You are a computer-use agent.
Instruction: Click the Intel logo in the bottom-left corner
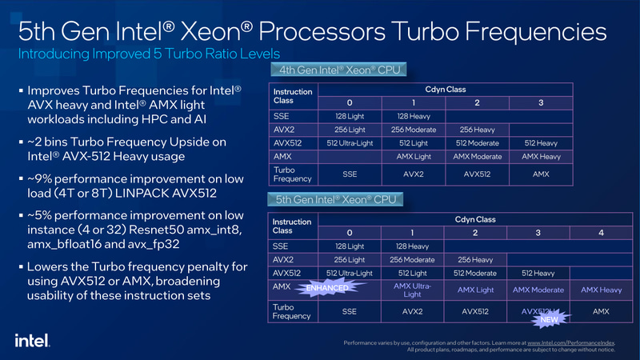[x=30, y=339]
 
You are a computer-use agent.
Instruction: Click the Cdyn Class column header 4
[x=601, y=232]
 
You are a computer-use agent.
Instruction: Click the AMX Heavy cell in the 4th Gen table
[x=540, y=157]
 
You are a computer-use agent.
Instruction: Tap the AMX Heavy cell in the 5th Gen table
[x=601, y=289]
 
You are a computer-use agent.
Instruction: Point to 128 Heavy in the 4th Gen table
[x=413, y=116]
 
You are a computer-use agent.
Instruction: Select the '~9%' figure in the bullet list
[x=42, y=178]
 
